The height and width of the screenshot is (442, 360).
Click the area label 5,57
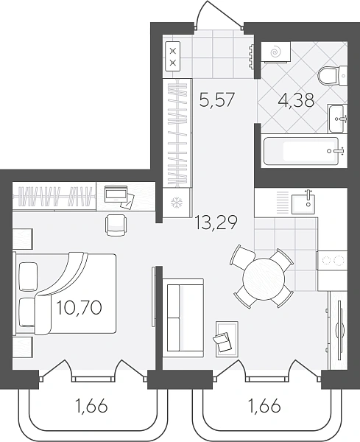[x=216, y=100]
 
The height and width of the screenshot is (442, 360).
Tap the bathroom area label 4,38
[x=296, y=101]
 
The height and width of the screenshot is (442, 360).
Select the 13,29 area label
[x=216, y=222]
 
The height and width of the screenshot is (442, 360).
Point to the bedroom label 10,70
[x=80, y=307]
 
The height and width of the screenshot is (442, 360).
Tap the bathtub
[x=301, y=151]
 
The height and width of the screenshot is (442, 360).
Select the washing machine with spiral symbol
[x=275, y=52]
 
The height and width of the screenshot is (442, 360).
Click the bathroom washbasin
[x=336, y=119]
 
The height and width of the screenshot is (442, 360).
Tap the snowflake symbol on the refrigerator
[x=177, y=203]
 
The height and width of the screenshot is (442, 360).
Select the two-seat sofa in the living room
[x=183, y=318]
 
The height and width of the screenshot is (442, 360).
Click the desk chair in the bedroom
[x=116, y=225]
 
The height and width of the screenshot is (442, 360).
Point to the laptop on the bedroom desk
[x=116, y=194]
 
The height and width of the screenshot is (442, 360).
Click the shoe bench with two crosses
[x=173, y=56]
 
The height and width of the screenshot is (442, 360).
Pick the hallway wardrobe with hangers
[x=177, y=133]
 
